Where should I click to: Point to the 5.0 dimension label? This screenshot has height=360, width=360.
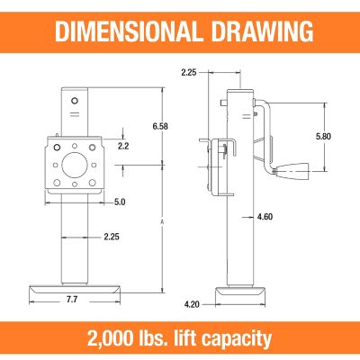pos(119,202)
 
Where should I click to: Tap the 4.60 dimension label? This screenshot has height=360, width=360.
pos(264,217)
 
